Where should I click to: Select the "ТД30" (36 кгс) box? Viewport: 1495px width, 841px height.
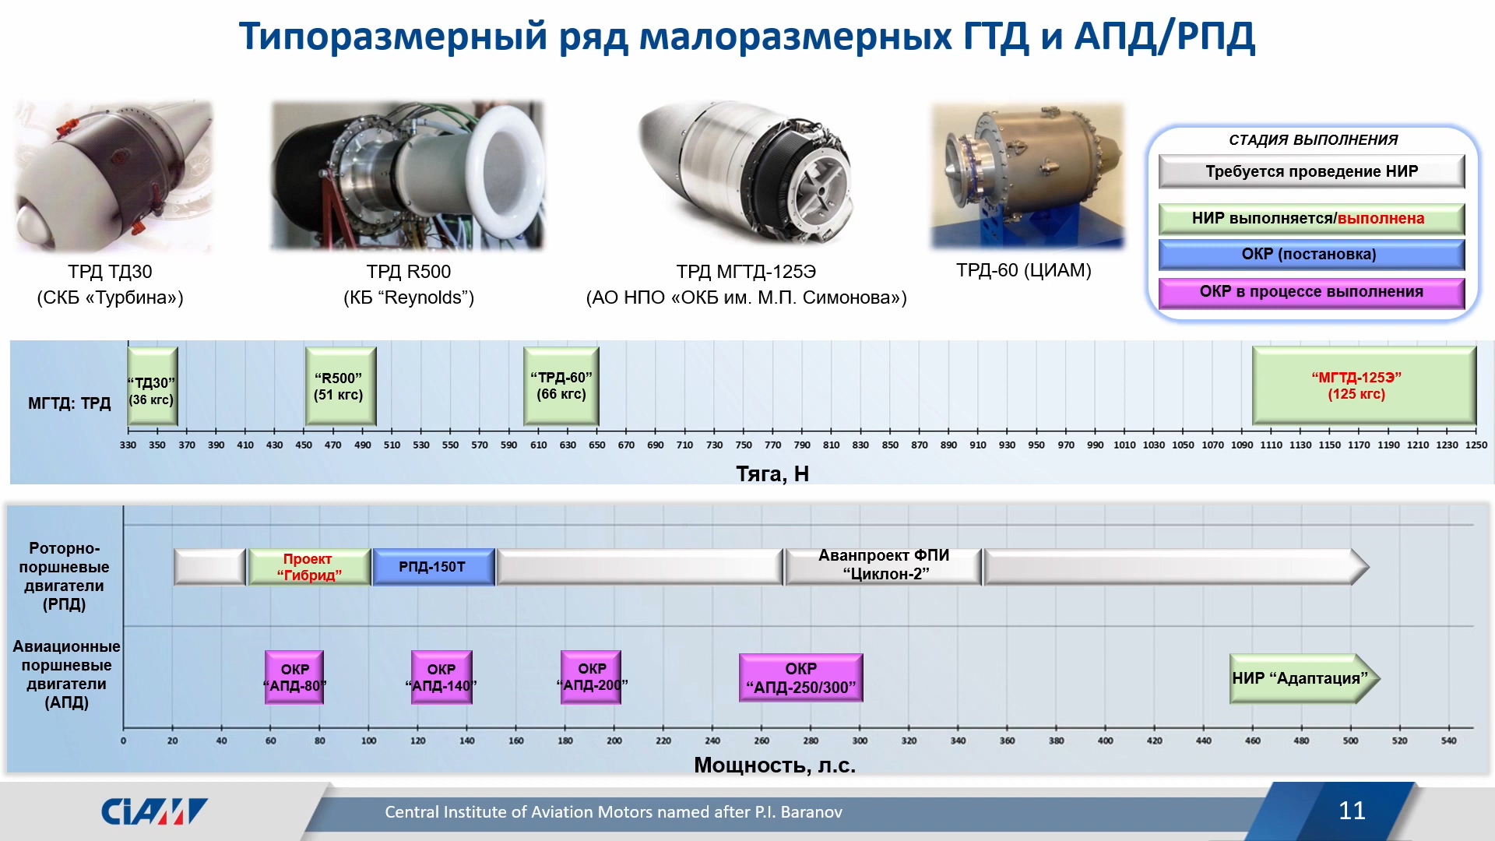153,386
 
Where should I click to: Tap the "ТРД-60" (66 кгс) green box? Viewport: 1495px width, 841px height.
561,386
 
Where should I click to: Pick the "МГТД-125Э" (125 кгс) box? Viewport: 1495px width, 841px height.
1364,386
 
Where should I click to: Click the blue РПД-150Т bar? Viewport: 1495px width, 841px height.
434,567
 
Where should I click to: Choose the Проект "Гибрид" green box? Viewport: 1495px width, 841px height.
309,567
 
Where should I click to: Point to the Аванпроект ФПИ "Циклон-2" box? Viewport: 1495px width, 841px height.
884,566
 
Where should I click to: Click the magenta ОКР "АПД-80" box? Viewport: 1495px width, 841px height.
294,677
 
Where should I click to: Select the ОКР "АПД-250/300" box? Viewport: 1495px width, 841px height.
801,677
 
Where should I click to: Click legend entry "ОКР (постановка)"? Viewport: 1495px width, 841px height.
1311,255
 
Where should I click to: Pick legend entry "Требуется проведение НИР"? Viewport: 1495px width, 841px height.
1311,171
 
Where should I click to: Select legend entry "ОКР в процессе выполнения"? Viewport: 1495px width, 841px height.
1311,293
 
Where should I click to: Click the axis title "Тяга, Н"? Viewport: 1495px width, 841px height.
772,473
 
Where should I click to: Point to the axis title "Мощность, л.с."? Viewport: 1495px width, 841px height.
775,765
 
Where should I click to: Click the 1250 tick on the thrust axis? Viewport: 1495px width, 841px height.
1476,445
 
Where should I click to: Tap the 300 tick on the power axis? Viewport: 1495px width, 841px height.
860,741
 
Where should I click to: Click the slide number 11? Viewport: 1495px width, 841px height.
1352,811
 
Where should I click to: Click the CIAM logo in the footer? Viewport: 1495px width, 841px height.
154,811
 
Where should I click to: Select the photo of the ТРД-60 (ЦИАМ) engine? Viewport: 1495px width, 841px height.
1028,176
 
